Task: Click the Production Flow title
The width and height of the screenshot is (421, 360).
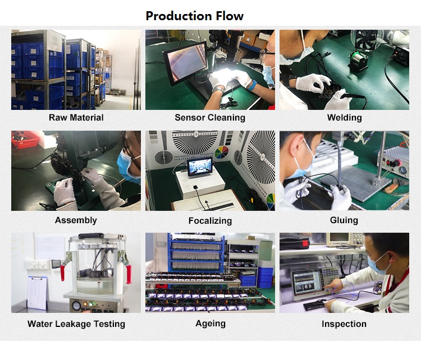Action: (194, 16)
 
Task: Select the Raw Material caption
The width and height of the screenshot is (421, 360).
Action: (76, 118)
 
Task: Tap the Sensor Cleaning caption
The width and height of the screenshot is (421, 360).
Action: (210, 118)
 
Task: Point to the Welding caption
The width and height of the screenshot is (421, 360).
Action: (345, 118)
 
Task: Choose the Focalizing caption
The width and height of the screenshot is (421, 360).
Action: (210, 221)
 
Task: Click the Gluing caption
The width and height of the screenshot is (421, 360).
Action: (344, 220)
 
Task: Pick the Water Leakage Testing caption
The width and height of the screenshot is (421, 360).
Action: (76, 324)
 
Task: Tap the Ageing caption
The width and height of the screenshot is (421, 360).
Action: (210, 324)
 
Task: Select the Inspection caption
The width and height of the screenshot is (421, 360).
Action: (344, 324)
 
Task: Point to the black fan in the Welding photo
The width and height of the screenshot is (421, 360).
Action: (367, 40)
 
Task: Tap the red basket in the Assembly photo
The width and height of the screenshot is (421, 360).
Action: (25, 139)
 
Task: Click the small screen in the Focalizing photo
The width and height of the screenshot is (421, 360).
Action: (200, 167)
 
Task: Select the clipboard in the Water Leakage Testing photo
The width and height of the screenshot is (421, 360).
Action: (37, 292)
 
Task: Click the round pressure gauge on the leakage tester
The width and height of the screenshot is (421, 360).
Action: (76, 306)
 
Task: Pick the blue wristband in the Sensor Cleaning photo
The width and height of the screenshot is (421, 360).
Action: (253, 85)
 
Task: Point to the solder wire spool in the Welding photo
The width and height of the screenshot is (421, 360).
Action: (358, 61)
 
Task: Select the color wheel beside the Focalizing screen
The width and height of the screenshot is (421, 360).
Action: (222, 152)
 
